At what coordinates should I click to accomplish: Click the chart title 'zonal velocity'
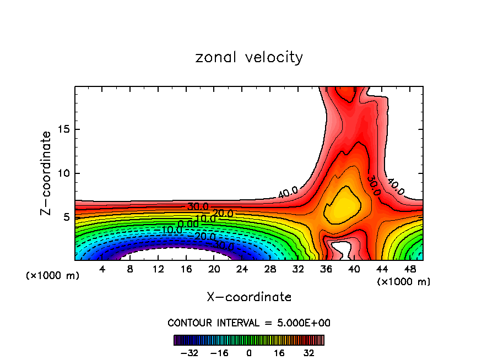point(249,57)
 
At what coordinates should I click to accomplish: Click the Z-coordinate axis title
point(47,173)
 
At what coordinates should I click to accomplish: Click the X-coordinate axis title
point(249,297)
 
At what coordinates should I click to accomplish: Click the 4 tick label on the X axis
point(102,270)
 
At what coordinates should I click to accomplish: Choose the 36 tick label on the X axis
point(326,270)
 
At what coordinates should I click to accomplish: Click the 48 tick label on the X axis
point(409,270)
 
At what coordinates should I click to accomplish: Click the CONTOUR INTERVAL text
point(249,323)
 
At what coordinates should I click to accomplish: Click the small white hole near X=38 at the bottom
point(341,249)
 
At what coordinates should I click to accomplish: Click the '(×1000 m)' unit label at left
point(53,276)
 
